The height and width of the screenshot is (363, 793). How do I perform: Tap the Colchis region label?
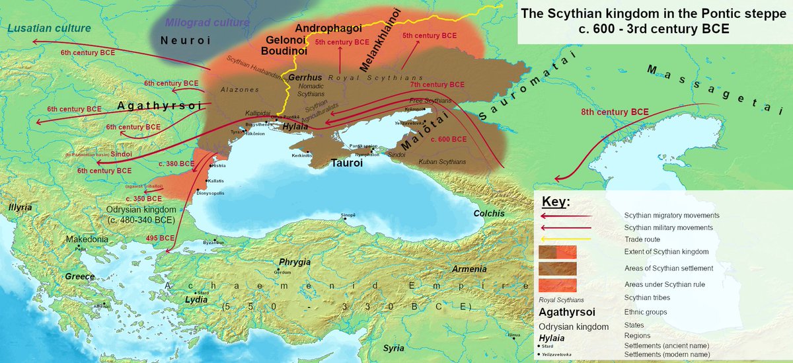point(488,214)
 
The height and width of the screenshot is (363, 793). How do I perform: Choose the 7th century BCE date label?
point(437,85)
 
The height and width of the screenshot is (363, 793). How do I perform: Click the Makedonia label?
point(87,239)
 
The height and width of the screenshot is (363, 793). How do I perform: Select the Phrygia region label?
point(294,262)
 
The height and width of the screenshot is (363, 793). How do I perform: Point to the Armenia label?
point(469,269)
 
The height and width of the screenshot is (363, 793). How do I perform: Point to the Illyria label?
point(20,207)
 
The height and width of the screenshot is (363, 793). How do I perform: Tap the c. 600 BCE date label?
point(448,140)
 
